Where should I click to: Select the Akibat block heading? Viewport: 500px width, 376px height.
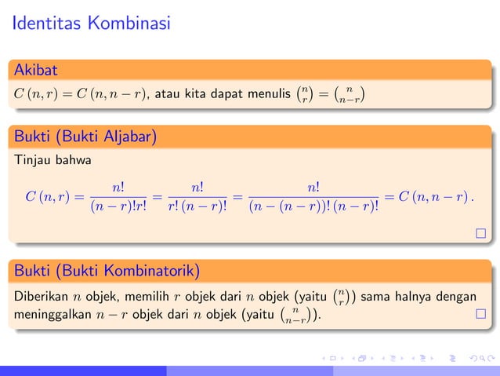point(35,71)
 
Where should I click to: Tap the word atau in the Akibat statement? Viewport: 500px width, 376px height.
point(168,96)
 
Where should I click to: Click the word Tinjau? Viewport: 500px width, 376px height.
point(31,162)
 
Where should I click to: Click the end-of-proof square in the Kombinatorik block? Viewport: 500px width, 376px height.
point(480,316)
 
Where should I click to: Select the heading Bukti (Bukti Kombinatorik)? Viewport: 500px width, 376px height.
point(107,272)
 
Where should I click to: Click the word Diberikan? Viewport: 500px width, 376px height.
point(41,298)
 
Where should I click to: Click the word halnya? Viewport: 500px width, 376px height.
point(421,298)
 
